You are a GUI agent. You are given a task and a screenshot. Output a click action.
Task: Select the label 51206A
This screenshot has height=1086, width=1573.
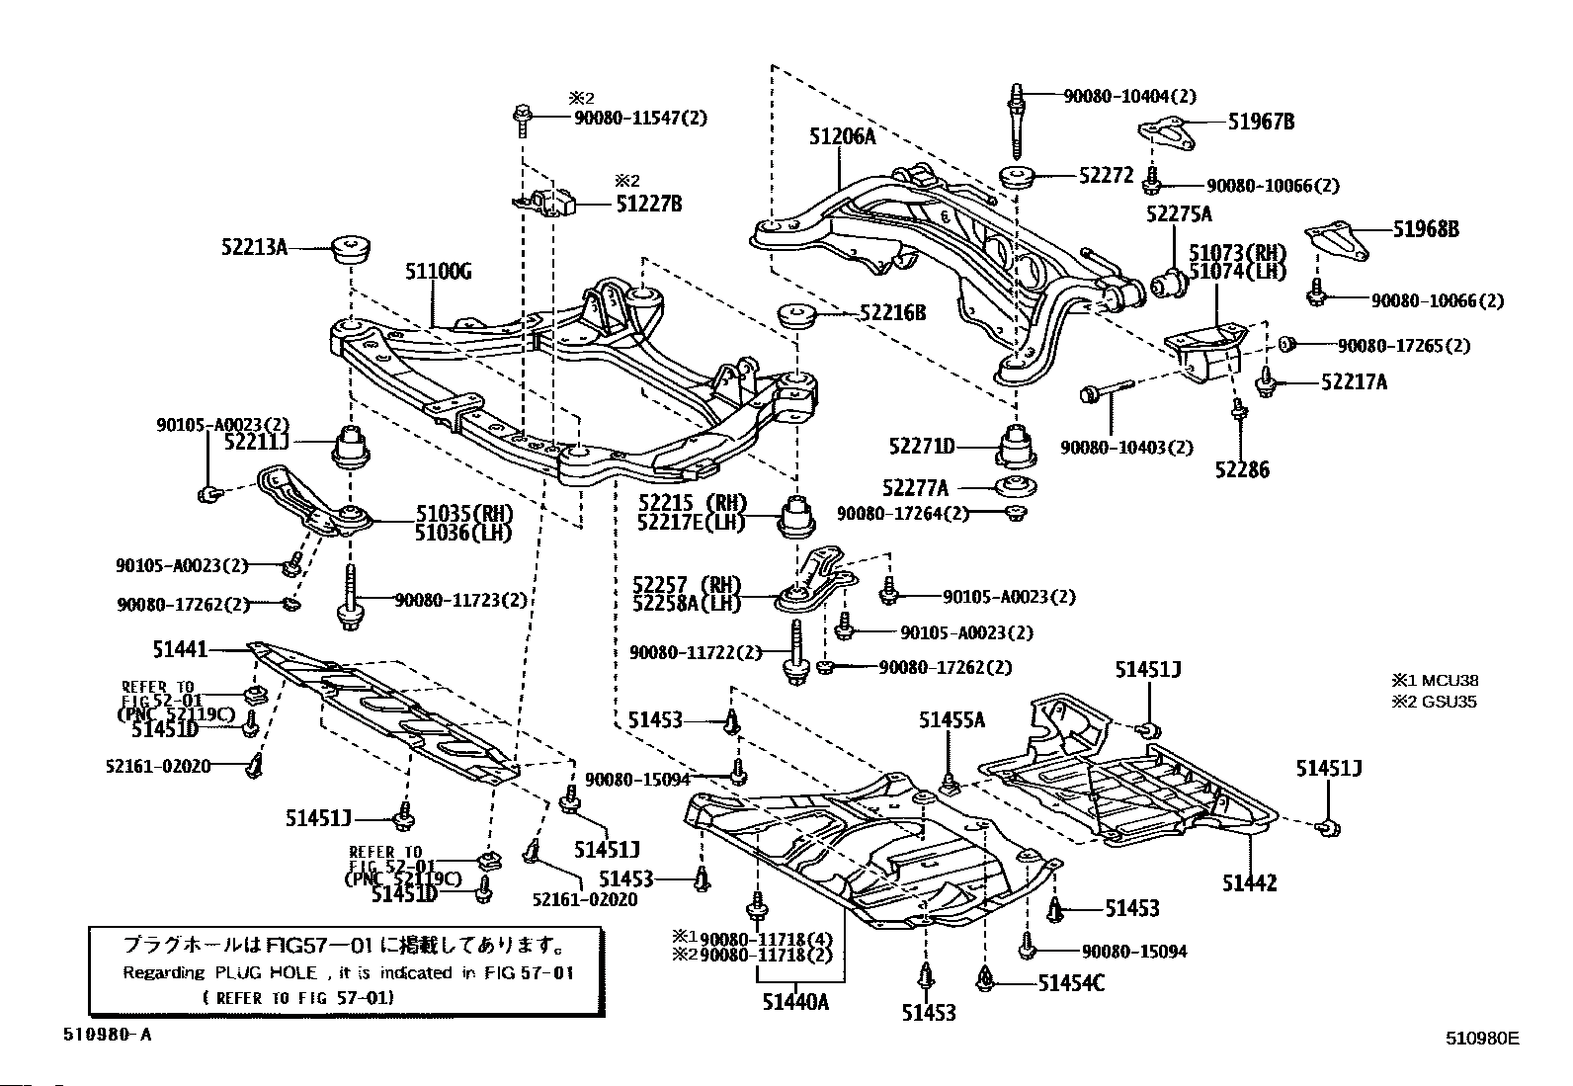pos(842,137)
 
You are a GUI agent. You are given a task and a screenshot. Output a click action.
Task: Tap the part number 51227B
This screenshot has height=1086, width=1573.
pos(648,205)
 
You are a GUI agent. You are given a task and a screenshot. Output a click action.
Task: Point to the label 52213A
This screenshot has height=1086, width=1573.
pos(254,247)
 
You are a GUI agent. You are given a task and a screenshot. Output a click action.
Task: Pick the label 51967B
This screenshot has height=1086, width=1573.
pos(1262,122)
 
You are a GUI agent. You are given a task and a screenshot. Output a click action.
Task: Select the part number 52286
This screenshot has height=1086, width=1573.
pos(1242,469)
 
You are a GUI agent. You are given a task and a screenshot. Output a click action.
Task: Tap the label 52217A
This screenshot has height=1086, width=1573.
pos(1354,381)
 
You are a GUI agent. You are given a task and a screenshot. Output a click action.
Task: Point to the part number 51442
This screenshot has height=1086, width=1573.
pos(1249,882)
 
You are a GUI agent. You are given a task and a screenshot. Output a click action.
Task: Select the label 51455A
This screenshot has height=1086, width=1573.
pos(952,720)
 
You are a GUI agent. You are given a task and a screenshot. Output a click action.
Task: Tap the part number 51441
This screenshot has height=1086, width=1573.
pos(180,649)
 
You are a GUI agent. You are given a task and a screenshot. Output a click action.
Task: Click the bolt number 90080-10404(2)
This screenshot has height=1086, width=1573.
pos(1129,97)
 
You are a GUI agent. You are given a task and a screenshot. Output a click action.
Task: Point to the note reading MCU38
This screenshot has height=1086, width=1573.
pos(1449,681)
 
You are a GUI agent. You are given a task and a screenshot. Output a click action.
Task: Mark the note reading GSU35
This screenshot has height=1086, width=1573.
pos(1449,703)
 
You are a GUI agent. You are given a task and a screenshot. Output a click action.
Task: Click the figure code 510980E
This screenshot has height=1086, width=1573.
pos(1481,1039)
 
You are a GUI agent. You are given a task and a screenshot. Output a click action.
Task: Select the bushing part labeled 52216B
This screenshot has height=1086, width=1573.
pos(795,317)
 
